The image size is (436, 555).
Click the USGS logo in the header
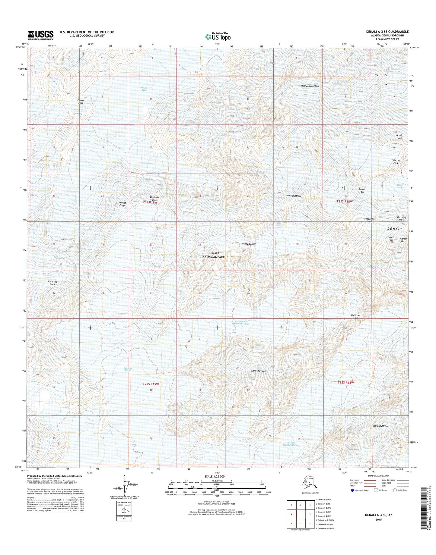[40, 35]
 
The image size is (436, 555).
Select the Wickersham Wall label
[310, 86]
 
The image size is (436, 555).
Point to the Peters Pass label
[80, 102]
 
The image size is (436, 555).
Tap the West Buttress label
[294, 196]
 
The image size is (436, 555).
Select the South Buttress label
[380, 426]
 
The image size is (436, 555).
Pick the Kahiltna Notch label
[356, 317]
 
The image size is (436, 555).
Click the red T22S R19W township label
[151, 384]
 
